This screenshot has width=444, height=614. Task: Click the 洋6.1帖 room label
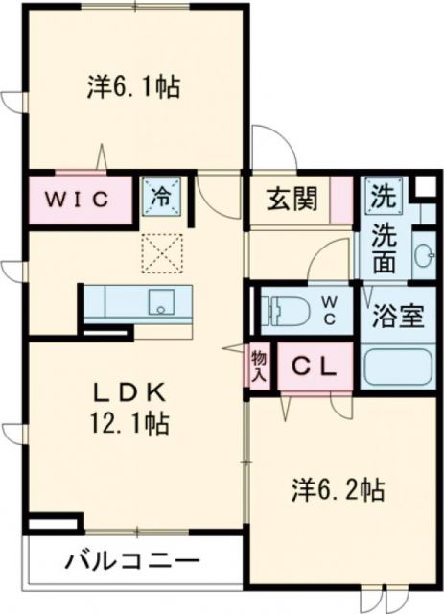tap(134, 87)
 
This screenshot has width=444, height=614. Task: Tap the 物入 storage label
tap(261, 365)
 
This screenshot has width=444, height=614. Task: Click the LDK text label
tap(130, 391)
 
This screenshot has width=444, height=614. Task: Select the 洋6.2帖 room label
tap(339, 491)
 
